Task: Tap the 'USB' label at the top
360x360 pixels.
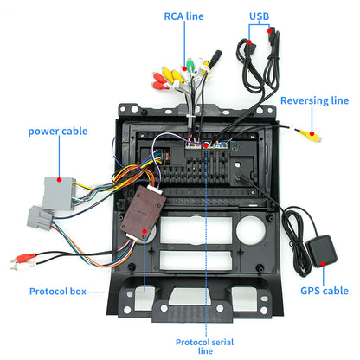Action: [x=260, y=16]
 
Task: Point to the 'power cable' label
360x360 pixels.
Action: [x=57, y=132]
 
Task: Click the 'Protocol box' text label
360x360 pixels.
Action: [x=58, y=292]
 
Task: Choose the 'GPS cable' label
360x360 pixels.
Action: [x=324, y=292]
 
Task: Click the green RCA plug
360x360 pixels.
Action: [x=190, y=65]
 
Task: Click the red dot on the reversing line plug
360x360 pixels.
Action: [x=301, y=132]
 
